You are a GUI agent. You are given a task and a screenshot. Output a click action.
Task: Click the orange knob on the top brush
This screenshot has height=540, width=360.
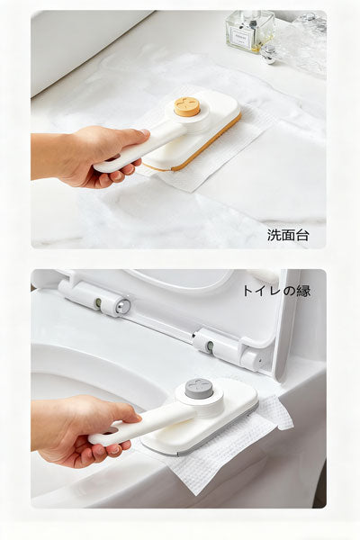click(x=186, y=106)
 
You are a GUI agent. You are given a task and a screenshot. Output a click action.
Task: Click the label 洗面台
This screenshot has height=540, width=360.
click(x=287, y=234)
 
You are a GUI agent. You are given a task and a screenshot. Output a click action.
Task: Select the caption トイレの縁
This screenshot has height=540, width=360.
click(x=275, y=291)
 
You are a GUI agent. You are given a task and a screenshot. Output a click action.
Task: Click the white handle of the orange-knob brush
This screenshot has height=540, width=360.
click(x=135, y=149)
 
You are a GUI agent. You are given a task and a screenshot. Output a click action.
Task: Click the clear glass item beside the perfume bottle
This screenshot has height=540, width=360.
click(x=301, y=40)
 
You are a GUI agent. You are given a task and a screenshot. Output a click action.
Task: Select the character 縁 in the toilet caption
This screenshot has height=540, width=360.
click(x=303, y=291)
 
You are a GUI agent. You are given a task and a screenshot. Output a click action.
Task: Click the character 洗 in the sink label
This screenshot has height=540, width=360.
click(x=274, y=234)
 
